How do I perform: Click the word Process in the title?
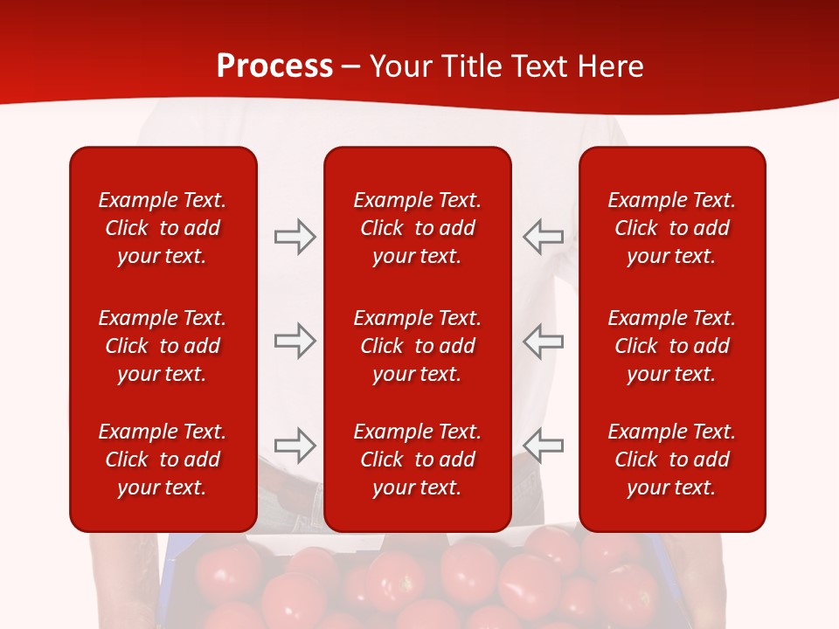tap(274, 66)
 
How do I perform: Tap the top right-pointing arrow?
tap(295, 237)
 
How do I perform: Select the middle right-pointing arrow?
tap(295, 341)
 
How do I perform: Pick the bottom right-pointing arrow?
tap(295, 446)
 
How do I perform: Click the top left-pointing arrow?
tap(544, 237)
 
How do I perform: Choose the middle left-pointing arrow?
tap(544, 341)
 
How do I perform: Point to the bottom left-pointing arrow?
tap(544, 446)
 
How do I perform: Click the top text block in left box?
tap(163, 228)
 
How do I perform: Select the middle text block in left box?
tap(163, 346)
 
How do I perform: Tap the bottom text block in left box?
tap(163, 460)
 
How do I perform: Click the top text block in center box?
tap(417, 228)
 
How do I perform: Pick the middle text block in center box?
tap(417, 346)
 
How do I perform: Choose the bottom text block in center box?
tap(417, 460)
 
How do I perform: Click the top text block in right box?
tap(671, 228)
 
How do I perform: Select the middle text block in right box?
tap(671, 346)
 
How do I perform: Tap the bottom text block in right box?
tap(671, 460)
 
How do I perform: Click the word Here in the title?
tap(611, 66)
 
